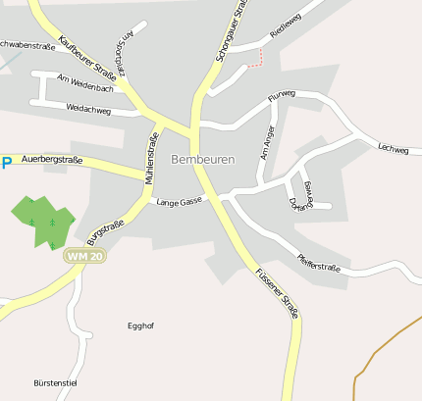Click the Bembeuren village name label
tap(202, 159)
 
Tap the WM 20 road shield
tap(83, 255)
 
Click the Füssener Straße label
tap(276, 293)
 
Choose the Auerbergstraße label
tap(51, 159)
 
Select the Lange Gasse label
tap(180, 201)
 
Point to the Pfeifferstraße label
tap(318, 263)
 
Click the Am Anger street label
tap(266, 142)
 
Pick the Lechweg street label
tap(393, 148)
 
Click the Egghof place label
tap(142, 326)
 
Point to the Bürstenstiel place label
tap(55, 381)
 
